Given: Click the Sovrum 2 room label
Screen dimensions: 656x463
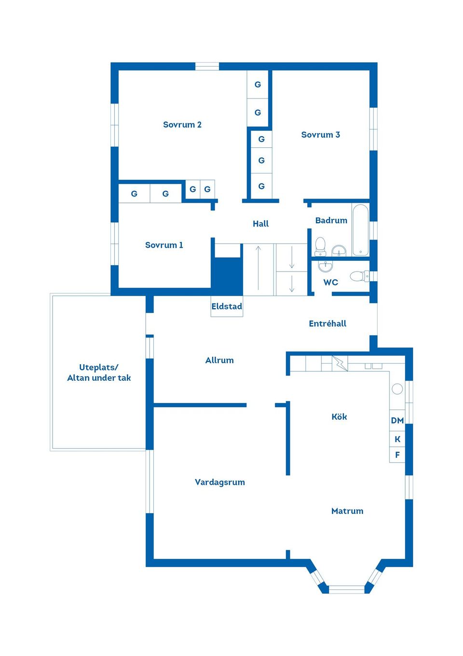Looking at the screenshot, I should point(182,125).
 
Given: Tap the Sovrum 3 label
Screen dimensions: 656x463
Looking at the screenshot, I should point(320,135).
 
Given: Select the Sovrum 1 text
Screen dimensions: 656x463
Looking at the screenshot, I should point(164,245).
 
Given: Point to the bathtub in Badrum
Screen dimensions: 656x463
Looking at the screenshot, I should point(360,230).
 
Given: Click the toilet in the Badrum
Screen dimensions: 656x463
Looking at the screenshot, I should point(320,246).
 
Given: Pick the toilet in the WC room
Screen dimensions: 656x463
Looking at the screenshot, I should point(359,276).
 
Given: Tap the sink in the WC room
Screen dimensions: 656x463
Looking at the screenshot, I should point(326,266).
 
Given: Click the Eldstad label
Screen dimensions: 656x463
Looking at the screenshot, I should point(227,306).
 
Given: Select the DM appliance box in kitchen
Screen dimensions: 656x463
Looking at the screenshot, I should point(397,420).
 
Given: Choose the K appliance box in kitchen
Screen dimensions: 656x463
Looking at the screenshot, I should point(397,439).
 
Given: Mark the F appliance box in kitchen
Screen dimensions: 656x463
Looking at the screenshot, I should point(397,455).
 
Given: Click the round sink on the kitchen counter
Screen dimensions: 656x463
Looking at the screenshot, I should point(397,388).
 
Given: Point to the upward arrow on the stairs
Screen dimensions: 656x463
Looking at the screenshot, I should point(259,268).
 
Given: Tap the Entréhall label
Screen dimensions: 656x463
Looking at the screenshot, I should point(327,324).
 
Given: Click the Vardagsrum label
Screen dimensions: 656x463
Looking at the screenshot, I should point(219,482).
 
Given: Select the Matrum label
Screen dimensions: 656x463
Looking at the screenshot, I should point(347,511).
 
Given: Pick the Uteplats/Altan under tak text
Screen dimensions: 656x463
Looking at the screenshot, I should point(99,372).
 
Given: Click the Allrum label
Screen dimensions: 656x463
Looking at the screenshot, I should point(219,360).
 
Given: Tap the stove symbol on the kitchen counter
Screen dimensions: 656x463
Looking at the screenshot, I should point(340,363).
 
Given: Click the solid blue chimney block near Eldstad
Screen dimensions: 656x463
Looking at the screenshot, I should point(227,276).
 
